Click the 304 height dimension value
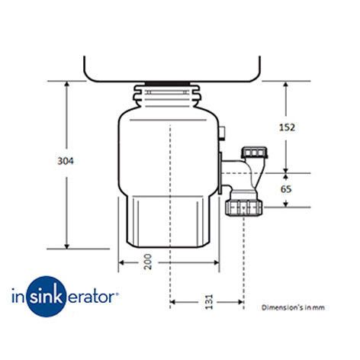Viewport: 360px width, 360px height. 66,161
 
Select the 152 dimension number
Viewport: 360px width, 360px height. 287,127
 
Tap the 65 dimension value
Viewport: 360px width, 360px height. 286,189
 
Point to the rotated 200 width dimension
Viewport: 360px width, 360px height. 148,262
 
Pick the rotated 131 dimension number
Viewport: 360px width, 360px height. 209,302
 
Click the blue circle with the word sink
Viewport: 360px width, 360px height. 46,297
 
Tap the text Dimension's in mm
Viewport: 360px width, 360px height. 293,307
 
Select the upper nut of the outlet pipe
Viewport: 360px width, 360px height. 254,152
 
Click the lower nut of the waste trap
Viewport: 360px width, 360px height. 244,207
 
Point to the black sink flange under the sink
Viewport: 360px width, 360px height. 168,84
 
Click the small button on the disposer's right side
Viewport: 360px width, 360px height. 222,133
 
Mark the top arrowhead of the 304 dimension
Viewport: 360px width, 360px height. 67,84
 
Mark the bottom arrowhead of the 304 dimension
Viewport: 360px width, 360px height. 67,246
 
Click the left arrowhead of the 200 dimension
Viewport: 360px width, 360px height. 122,262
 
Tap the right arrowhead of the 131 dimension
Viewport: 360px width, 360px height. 240,302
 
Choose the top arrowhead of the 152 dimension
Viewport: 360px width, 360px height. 286,85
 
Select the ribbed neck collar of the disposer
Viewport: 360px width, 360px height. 167,96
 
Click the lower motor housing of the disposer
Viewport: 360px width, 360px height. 169,221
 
